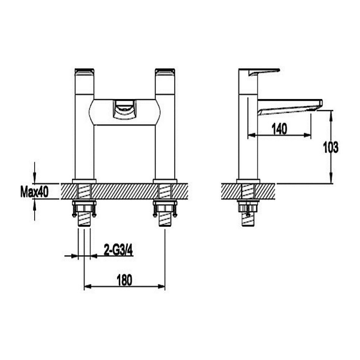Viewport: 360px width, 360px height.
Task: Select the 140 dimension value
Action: click(279, 129)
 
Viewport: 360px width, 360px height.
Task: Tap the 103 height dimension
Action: click(331, 147)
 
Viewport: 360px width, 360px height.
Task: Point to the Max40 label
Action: click(34, 193)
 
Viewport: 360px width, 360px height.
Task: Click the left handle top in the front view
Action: click(85, 72)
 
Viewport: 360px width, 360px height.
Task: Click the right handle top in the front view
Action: click(165, 72)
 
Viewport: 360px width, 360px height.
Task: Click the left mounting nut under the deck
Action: click(84, 208)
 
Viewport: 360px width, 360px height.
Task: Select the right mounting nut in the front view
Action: click(164, 208)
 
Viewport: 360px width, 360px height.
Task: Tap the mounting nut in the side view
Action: click(248, 207)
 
